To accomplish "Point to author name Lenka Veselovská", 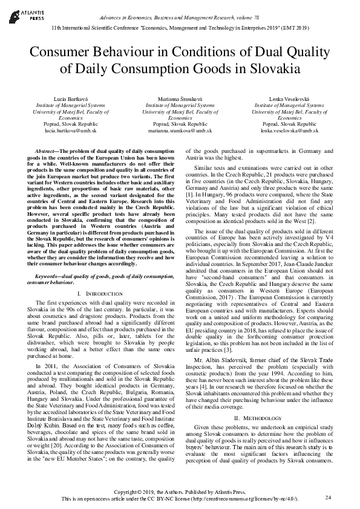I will point(289,99).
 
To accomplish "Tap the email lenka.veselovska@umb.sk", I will point(289,131).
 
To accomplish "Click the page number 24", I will point(329,497).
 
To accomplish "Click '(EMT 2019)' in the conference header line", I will point(294,28).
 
